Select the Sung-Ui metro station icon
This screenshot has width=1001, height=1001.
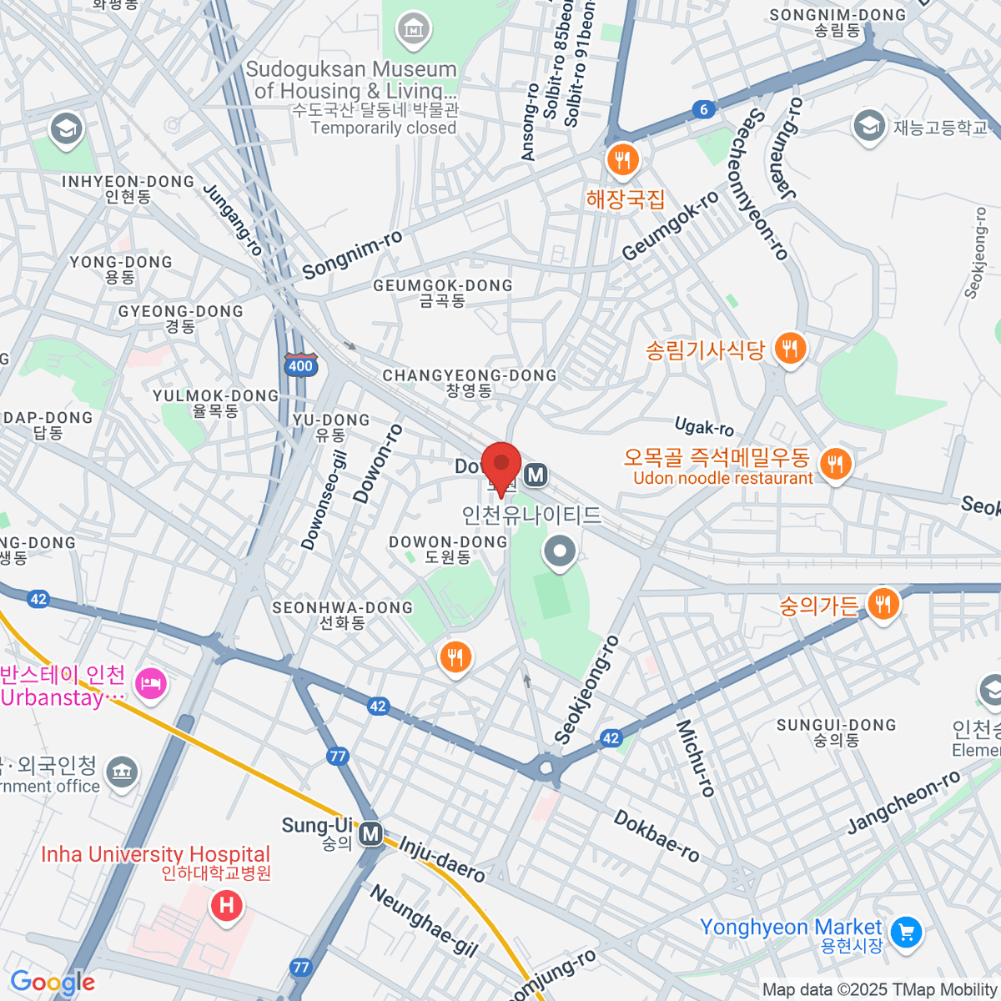tap(370, 833)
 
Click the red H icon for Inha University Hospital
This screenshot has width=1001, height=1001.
tap(226, 905)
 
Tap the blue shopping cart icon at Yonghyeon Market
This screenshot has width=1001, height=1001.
tap(906, 932)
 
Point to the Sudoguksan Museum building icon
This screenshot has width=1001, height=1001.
tap(412, 31)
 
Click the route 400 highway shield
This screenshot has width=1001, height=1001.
tap(300, 365)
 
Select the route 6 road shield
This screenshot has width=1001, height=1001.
tap(704, 109)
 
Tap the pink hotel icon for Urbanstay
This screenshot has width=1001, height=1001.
tap(151, 685)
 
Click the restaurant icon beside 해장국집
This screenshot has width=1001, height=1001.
tap(622, 159)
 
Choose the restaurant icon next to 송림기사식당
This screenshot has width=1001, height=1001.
tap(789, 348)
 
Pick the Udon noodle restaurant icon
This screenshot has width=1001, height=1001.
tap(834, 464)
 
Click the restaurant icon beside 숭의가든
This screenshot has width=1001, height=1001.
tap(883, 604)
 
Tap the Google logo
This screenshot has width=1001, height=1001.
tap(53, 983)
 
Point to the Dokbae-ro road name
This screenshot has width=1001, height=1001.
tap(656, 835)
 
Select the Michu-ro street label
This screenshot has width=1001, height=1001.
tap(697, 758)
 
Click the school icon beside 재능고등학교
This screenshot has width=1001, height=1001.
tap(869, 128)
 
